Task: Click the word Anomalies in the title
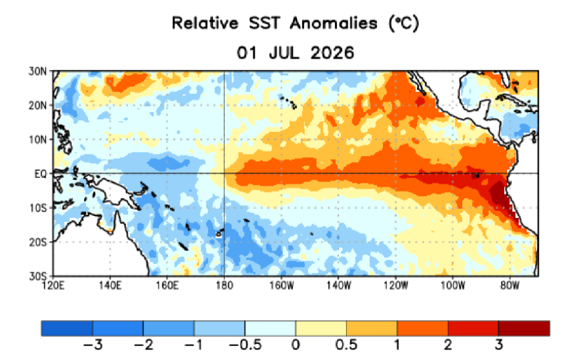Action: tap(333, 23)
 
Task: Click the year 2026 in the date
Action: tap(332, 53)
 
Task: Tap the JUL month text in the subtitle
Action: tap(284, 53)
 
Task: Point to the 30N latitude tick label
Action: tap(38, 71)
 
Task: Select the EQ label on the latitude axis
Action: tap(41, 174)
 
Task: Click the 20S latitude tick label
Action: tap(38, 243)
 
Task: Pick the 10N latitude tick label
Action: tap(38, 140)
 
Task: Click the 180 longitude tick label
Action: tap(224, 285)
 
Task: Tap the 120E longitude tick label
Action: tap(53, 285)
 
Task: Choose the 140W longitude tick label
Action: tap(338, 285)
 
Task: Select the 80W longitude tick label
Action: tap(510, 285)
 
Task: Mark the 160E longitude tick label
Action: tap(167, 285)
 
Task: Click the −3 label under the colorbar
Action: tap(93, 345)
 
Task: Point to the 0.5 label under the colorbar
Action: tap(346, 345)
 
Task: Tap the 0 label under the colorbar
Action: tap(296, 345)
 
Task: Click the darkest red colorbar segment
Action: tap(524, 328)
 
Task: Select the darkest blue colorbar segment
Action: tap(67, 328)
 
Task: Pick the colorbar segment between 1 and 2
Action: tap(423, 328)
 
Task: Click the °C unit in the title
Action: tap(404, 23)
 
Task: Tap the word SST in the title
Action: tap(264, 23)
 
